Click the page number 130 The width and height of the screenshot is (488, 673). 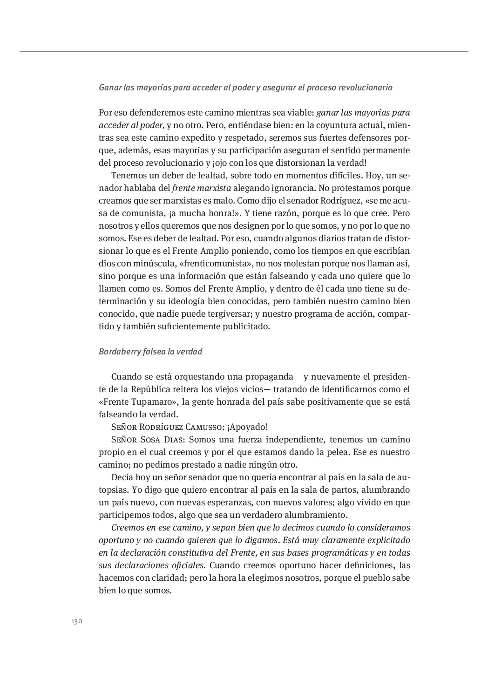77,621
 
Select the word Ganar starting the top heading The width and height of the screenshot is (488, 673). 109,88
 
